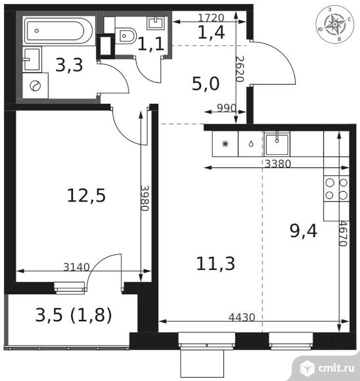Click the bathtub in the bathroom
tap(59, 31)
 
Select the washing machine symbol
tap(36, 84)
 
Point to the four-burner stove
tap(336, 189)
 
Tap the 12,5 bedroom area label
tap(87, 195)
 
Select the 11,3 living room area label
tap(215, 263)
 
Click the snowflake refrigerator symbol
tap(225, 143)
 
